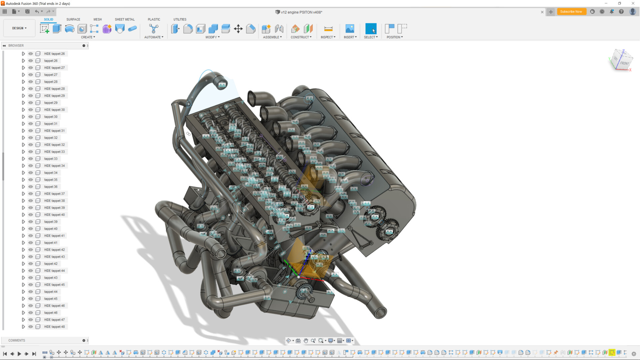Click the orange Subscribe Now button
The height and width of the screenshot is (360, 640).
pos(571,12)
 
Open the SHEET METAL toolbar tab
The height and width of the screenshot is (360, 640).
pos(125,19)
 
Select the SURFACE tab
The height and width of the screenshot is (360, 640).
pos(73,19)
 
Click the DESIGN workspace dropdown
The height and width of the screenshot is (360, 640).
pos(19,28)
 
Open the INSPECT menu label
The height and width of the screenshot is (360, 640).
pos(328,37)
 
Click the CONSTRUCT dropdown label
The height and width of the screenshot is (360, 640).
pos(301,37)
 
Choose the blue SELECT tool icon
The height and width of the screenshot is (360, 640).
pos(371,29)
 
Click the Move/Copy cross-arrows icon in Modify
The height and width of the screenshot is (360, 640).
pos(238,29)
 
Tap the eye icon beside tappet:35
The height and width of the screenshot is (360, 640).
pos(31,180)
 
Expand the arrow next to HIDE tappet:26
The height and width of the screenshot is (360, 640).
pos(23,54)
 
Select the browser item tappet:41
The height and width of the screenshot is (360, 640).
pos(51,243)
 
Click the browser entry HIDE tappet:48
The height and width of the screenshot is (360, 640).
pos(54,327)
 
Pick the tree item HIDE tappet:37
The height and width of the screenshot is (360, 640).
pos(54,194)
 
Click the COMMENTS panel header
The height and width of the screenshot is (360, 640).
pos(17,340)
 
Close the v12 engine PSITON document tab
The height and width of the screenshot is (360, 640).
pos(542,12)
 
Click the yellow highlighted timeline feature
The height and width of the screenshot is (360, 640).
pos(612,352)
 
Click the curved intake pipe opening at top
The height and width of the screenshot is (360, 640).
pos(222,85)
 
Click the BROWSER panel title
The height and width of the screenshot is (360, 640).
pos(16,45)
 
